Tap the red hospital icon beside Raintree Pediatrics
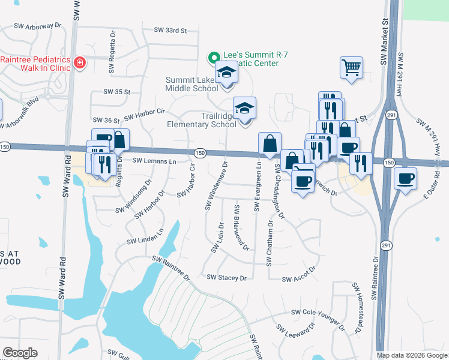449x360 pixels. [79, 63]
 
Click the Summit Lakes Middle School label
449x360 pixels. [191, 84]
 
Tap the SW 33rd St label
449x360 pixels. [170, 29]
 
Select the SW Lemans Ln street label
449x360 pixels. [154, 161]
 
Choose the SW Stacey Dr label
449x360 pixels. [226, 278]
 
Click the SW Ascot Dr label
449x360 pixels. [298, 279]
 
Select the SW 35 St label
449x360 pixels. [116, 92]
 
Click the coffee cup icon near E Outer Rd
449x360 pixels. [406, 178]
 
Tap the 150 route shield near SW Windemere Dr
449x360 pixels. [201, 154]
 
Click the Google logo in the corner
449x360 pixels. [20, 353]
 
